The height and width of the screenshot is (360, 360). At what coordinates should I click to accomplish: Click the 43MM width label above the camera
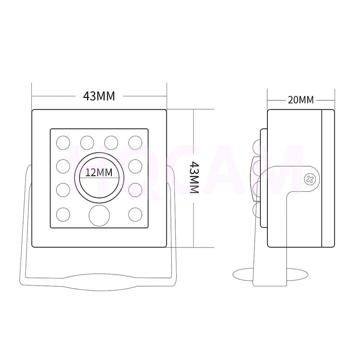point(99,96)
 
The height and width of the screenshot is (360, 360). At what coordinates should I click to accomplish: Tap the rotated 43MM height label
point(194,177)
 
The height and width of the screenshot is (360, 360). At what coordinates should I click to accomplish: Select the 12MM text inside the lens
point(99,173)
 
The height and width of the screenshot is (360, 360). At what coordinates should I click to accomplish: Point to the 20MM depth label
point(301,100)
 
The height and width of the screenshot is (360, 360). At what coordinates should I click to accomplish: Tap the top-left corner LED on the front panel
point(63,142)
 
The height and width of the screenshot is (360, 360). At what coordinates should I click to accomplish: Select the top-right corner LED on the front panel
point(135,142)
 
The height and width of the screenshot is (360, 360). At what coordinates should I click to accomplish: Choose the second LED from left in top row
point(87,142)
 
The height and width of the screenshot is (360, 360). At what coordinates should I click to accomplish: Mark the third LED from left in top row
point(111,142)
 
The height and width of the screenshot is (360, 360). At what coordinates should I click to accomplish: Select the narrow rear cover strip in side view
point(328,178)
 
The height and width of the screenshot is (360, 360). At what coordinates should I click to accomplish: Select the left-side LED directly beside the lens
point(63,166)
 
